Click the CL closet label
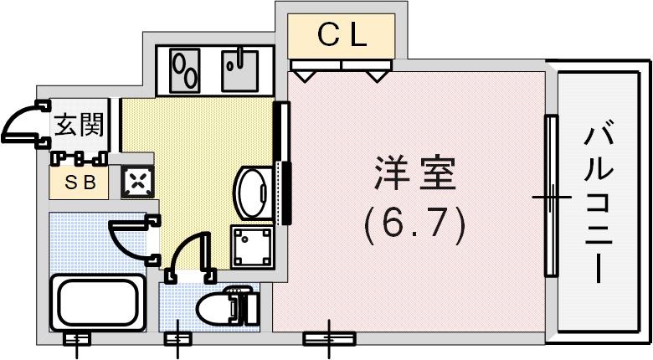click(342, 35)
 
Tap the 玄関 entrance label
click(79, 126)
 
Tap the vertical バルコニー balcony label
click(599, 201)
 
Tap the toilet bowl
click(221, 308)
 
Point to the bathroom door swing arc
click(129, 239)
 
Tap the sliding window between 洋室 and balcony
click(550, 197)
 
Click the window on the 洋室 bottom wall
click(328, 338)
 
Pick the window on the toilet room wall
click(177, 338)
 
